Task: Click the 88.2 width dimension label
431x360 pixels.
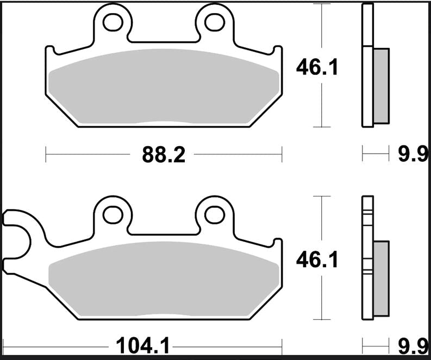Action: pos(164,155)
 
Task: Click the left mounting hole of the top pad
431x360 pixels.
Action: pos(113,22)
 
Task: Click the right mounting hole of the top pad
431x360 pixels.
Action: pos(215,22)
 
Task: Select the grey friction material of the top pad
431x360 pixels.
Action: pos(163,87)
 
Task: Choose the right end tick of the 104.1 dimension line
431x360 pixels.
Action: pos(282,344)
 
